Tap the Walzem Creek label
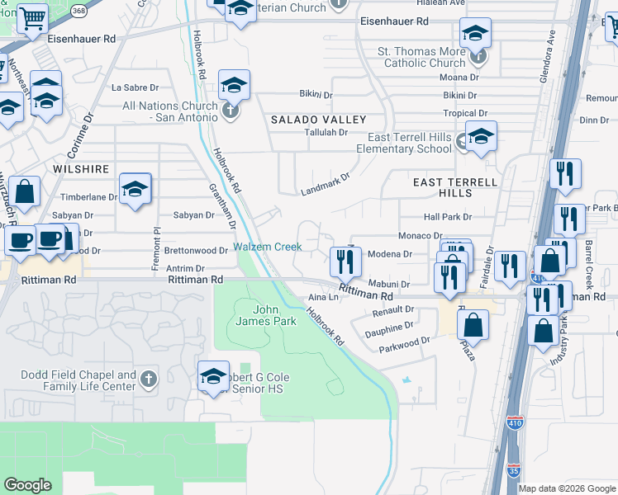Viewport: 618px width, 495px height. [267, 247]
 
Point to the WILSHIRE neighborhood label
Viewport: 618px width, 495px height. [81, 169]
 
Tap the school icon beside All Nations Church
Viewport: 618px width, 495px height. [234, 85]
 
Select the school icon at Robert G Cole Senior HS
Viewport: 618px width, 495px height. [213, 376]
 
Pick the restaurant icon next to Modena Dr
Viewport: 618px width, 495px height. [345, 262]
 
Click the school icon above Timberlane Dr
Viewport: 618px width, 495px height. [135, 189]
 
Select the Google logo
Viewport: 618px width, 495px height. [27, 485]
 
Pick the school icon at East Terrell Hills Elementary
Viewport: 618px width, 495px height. [480, 137]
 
